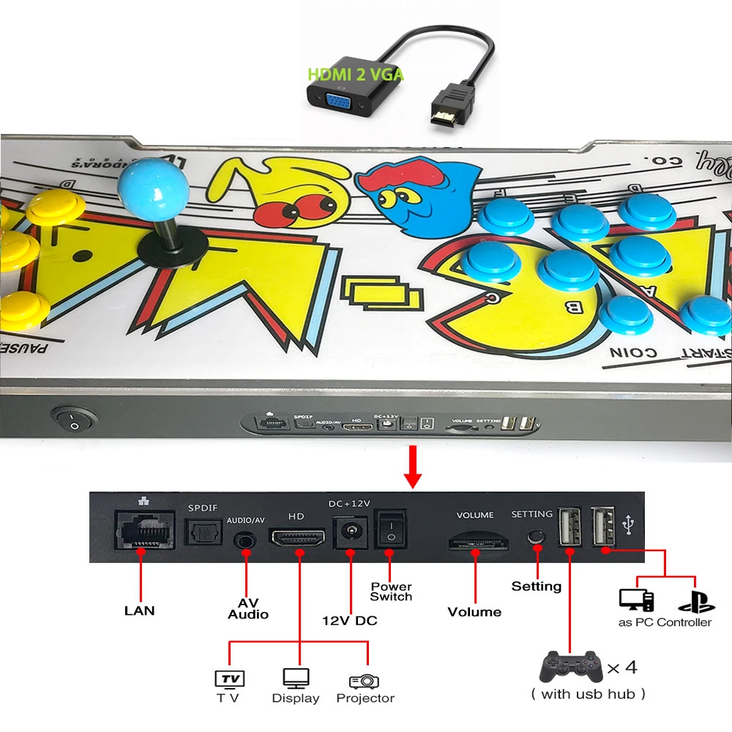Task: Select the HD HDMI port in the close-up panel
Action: (299, 539)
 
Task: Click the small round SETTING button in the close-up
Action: (537, 536)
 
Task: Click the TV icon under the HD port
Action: (228, 679)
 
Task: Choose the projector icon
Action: (364, 681)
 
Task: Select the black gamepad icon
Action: (569, 666)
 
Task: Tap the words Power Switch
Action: (391, 591)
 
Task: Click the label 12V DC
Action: (350, 621)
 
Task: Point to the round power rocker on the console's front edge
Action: (75, 419)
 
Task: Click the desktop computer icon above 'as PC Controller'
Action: (635, 599)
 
